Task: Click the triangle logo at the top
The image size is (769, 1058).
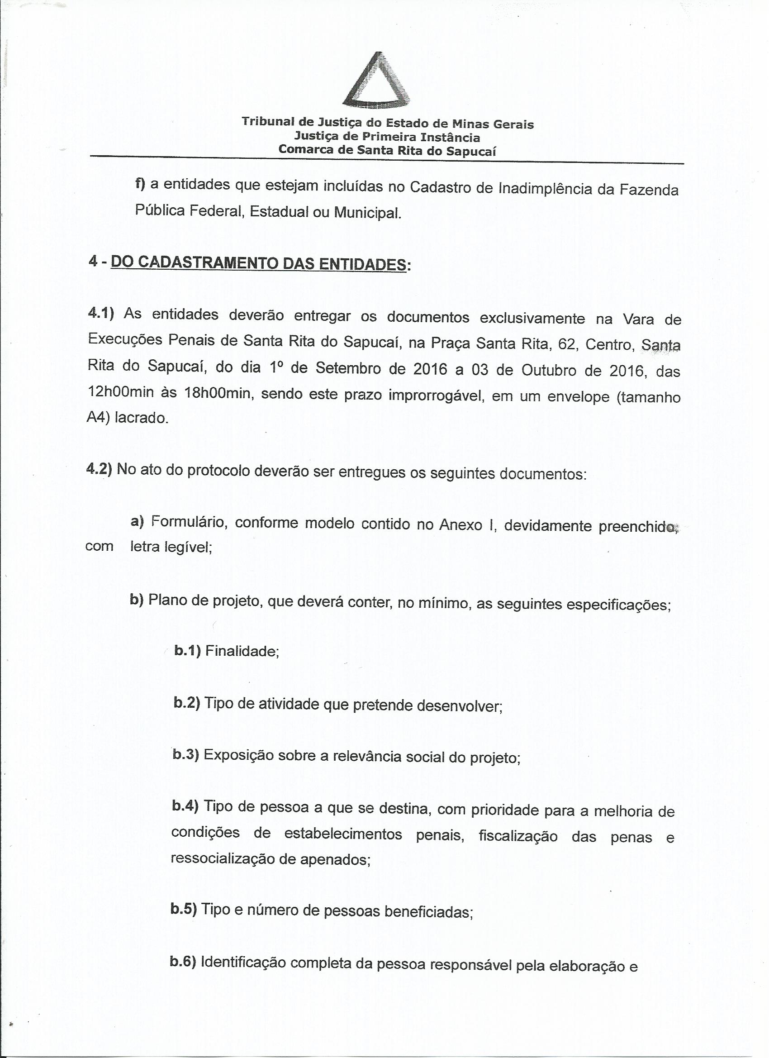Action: click(377, 79)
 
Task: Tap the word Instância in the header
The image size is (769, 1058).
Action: click(451, 137)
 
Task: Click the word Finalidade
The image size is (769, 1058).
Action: click(242, 650)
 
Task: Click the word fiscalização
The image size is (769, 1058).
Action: click(518, 836)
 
